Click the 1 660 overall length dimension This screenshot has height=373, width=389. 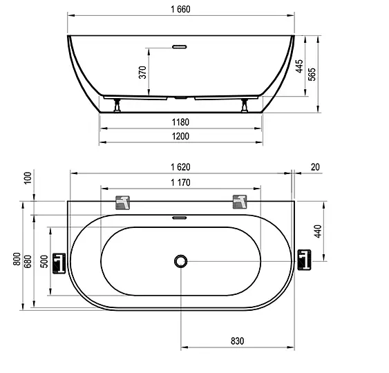(180, 10)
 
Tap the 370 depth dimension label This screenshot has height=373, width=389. (142, 72)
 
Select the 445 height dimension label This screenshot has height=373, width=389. (299, 66)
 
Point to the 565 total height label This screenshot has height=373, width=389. (312, 74)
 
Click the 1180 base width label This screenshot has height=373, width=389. (180, 122)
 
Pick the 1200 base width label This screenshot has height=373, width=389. (180, 136)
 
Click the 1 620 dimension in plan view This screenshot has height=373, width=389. (180, 167)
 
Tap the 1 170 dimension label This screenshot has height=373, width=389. (180, 183)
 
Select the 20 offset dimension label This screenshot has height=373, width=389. (315, 167)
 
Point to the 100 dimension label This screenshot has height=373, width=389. (28, 178)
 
